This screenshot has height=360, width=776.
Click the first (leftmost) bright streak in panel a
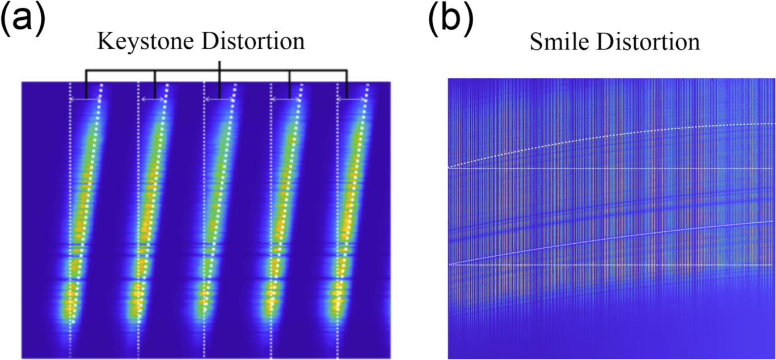pos(82,215)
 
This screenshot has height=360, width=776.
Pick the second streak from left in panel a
pos(150,215)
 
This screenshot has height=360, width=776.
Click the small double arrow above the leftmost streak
pos(85,100)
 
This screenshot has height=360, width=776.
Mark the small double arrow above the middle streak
pos(219,100)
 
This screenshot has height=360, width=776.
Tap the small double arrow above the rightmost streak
pos(352,100)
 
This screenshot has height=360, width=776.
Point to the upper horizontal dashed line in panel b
pos(613,168)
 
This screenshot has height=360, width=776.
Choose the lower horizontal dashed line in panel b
pos(613,265)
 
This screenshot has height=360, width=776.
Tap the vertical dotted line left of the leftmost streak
pos(70,227)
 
